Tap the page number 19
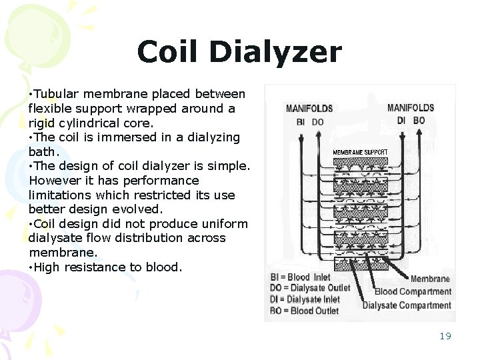[445, 336]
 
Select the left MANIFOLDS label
[310, 108]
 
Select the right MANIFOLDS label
[411, 107]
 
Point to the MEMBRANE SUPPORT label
[360, 152]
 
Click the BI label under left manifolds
[300, 122]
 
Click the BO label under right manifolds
[419, 121]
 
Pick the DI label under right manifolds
[402, 121]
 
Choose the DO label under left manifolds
[318, 122]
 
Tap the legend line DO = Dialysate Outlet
[309, 289]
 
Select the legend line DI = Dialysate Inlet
[305, 299]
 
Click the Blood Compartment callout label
[413, 291]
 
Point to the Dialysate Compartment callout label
[407, 305]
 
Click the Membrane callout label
[430, 279]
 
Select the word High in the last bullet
[47, 267]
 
